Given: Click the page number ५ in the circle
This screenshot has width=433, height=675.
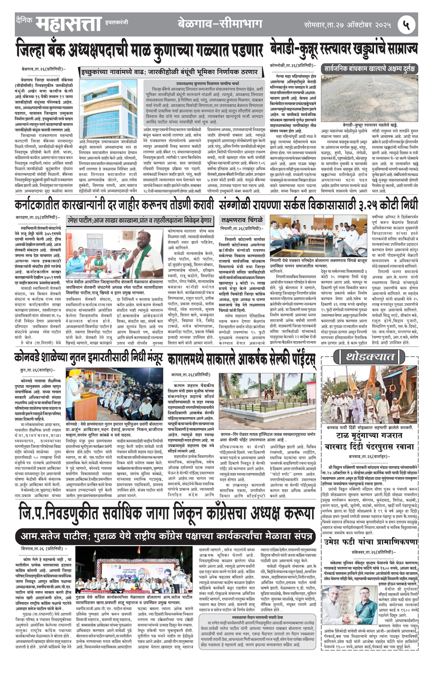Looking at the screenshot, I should (406, 25).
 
